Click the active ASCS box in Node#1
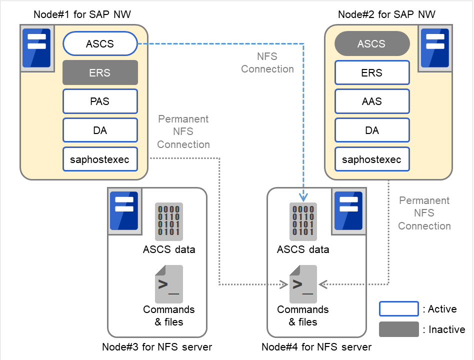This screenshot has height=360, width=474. pyautogui.click(x=100, y=44)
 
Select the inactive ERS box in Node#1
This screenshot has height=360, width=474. pyautogui.click(x=100, y=72)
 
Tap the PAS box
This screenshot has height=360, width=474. pyautogui.click(x=100, y=101)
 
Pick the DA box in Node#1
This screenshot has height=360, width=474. pyautogui.click(x=100, y=130)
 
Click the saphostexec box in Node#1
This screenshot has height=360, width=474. pyautogui.click(x=100, y=159)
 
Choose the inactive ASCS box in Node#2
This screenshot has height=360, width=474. pyautogui.click(x=371, y=44)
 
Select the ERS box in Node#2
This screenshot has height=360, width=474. pyautogui.click(x=371, y=72)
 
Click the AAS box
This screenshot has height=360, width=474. pyautogui.click(x=371, y=101)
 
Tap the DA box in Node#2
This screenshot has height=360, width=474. pyautogui.click(x=371, y=130)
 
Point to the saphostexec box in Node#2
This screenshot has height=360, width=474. pyautogui.click(x=371, y=159)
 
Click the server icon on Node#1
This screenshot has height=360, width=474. pyautogui.click(x=36, y=47)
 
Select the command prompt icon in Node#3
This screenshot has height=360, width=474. pyautogui.click(x=168, y=284)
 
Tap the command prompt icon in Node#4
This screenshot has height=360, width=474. pyautogui.click(x=303, y=284)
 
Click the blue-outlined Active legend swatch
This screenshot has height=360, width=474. pyautogui.click(x=398, y=309)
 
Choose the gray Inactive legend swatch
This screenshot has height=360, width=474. pyautogui.click(x=398, y=329)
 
